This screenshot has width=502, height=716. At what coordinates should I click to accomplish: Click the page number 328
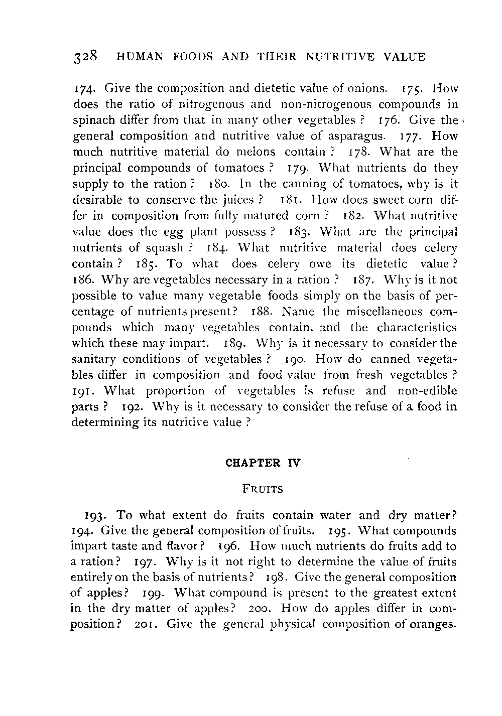click(87, 56)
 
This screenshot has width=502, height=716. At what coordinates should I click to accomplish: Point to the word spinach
click(91, 121)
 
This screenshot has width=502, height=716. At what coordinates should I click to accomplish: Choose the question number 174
click(84, 89)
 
